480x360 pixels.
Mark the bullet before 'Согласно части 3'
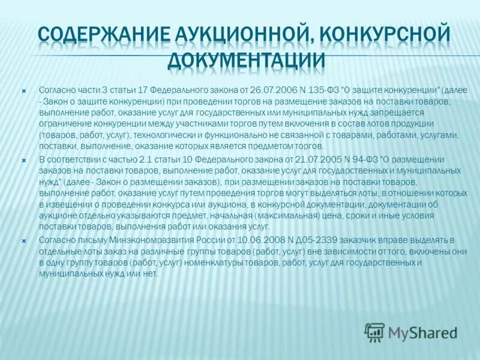[x=24, y=90]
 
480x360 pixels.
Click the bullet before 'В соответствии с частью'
[x=24, y=159]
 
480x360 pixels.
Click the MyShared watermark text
[x=422, y=332]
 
